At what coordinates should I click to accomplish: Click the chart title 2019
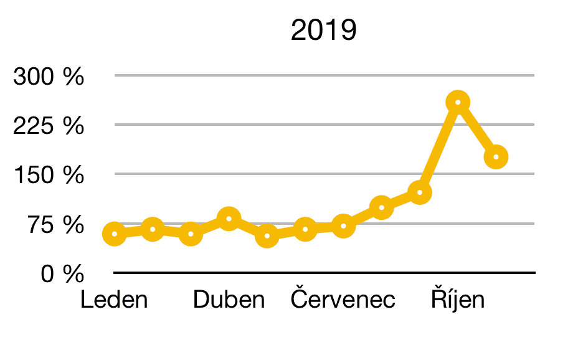[324, 31]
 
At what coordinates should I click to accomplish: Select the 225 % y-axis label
[49, 126]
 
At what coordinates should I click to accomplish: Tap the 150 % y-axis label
[49, 175]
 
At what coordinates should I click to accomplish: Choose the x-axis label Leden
[115, 300]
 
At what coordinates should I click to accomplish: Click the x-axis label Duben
[229, 300]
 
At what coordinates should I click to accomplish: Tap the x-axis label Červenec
[343, 300]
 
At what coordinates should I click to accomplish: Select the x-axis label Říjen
[458, 300]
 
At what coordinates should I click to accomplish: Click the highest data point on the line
[458, 102]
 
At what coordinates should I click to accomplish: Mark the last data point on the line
[496, 157]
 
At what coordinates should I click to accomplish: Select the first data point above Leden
[115, 234]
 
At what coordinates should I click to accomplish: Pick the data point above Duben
[229, 219]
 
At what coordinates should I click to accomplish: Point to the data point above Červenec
[343, 226]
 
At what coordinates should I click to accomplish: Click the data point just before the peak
[420, 192]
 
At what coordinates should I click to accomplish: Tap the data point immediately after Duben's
[267, 236]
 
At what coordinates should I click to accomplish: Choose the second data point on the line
[153, 230]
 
